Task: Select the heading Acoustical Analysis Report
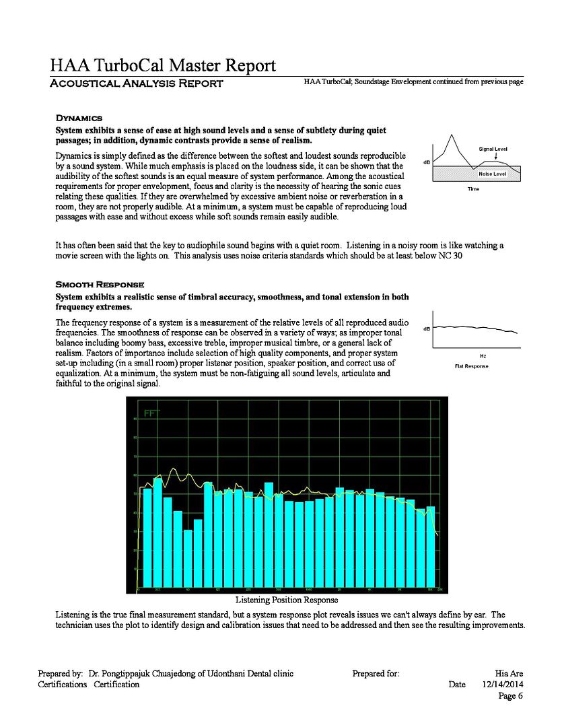point(137,83)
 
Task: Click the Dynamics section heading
point(79,118)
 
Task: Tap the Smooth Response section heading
point(99,285)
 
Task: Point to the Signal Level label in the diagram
point(493,148)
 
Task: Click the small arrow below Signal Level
point(495,155)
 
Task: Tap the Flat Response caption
point(472,366)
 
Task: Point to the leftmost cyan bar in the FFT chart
point(147,537)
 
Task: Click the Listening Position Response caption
point(286,599)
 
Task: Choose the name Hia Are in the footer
point(508,673)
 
